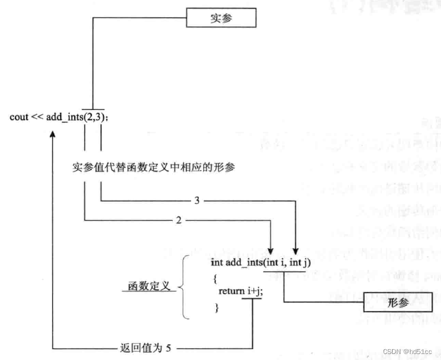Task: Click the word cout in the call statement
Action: [19, 116]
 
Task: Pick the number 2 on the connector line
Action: [179, 221]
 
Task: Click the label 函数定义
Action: [149, 287]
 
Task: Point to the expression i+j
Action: [255, 291]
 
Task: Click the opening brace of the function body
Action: [213, 277]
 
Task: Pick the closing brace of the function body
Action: [216, 307]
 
